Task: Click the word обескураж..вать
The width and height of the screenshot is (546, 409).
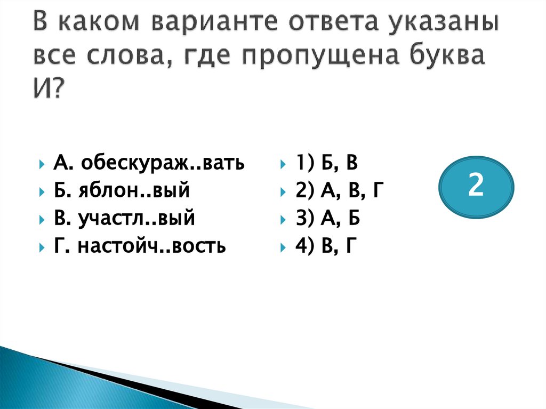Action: (163, 163)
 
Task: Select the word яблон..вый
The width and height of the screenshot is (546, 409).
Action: (144, 190)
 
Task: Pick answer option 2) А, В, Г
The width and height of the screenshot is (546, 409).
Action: (338, 190)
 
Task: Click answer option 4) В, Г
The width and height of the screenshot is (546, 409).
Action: (324, 246)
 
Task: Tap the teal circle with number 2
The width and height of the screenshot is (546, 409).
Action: (476, 186)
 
